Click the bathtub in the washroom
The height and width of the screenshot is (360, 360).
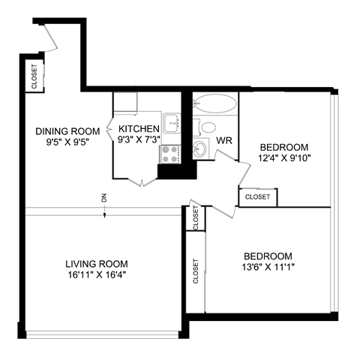pos(214,104)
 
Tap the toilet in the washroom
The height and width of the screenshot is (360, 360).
pos(208,127)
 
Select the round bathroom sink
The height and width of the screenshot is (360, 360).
pos(201,148)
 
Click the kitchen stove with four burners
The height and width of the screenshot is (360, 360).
pos(170,154)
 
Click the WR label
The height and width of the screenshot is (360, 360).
pos(223,140)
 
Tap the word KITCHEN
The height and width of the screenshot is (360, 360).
pos(138,129)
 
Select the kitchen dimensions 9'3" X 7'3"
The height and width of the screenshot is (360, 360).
pos(138,140)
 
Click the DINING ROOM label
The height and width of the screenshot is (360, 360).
pos(67,131)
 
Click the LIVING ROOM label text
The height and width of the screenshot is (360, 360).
pos(96,264)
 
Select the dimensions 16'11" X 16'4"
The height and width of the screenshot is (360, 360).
pos(96,275)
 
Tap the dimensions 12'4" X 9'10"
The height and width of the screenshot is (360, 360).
pos(284,157)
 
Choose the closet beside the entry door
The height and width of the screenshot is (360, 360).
pos(34,76)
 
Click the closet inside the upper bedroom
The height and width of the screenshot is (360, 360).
pos(257,196)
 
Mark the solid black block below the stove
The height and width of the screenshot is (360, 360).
pos(172,172)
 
